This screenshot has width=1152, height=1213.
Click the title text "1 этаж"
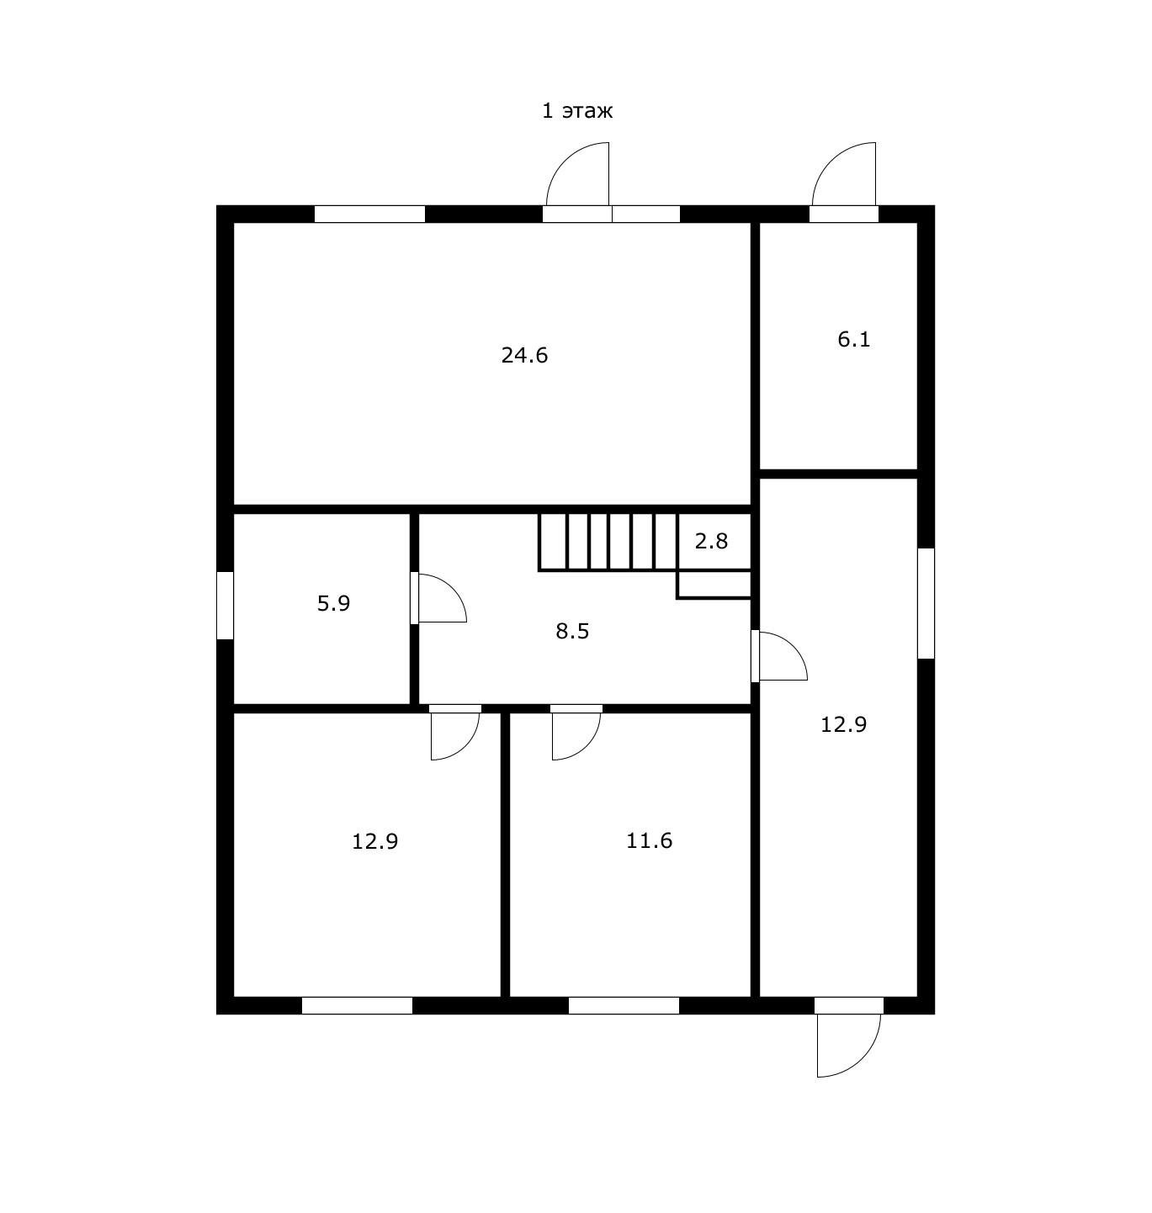(x=576, y=111)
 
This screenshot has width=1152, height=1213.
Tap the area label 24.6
(x=524, y=355)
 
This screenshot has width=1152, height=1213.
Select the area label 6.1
(x=854, y=339)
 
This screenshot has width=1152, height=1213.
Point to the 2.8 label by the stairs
(x=711, y=541)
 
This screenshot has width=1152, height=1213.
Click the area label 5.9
(x=333, y=603)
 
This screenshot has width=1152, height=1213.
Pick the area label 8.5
(x=572, y=631)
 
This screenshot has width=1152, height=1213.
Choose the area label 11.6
(x=649, y=840)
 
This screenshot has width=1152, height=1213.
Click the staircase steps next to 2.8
(x=608, y=541)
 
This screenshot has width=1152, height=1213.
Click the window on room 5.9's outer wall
(x=225, y=606)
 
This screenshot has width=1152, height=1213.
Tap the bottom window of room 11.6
(x=624, y=1005)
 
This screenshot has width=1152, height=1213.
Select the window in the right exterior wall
(x=926, y=603)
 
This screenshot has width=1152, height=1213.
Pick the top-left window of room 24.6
(x=369, y=215)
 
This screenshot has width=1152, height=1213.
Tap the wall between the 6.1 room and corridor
(x=838, y=474)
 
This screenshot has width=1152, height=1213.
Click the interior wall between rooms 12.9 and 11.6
(x=505, y=855)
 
